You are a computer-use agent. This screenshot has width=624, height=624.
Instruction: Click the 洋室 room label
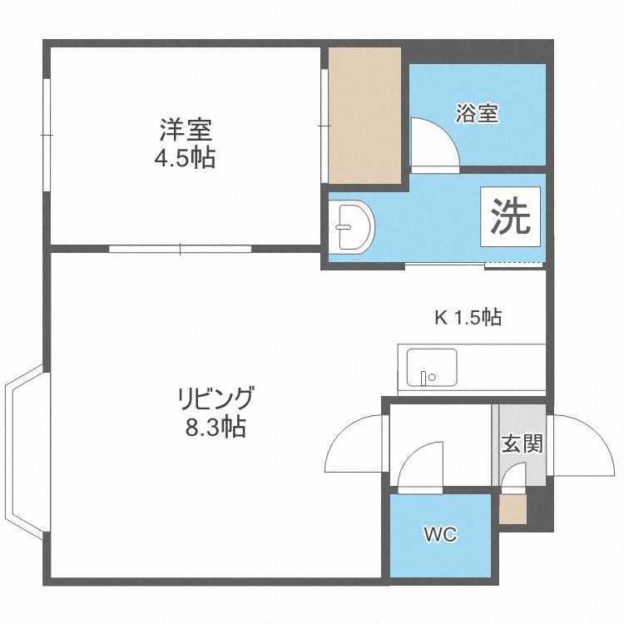pos(186,130)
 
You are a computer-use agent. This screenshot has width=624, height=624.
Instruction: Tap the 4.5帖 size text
pos(185,157)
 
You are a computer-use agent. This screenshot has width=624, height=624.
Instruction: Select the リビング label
pos(215,399)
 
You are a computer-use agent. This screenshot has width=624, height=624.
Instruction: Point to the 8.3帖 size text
pos(215,427)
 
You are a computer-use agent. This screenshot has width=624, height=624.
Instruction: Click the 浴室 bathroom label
pos(478,113)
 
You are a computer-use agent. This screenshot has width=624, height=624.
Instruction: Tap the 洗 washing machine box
pos(511,216)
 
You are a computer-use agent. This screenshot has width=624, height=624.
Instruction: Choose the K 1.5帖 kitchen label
pos(468,318)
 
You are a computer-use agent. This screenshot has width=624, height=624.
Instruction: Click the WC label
pos(440,534)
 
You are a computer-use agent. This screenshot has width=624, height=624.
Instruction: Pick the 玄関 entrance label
pos(522,443)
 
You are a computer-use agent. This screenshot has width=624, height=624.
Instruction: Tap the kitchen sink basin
pos(432,367)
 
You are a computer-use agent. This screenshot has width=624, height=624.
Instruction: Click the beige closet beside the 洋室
pos(364,116)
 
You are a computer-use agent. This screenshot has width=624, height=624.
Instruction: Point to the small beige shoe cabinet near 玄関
pos(513,509)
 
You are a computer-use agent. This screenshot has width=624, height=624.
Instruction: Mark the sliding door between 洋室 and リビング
pos(180,249)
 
